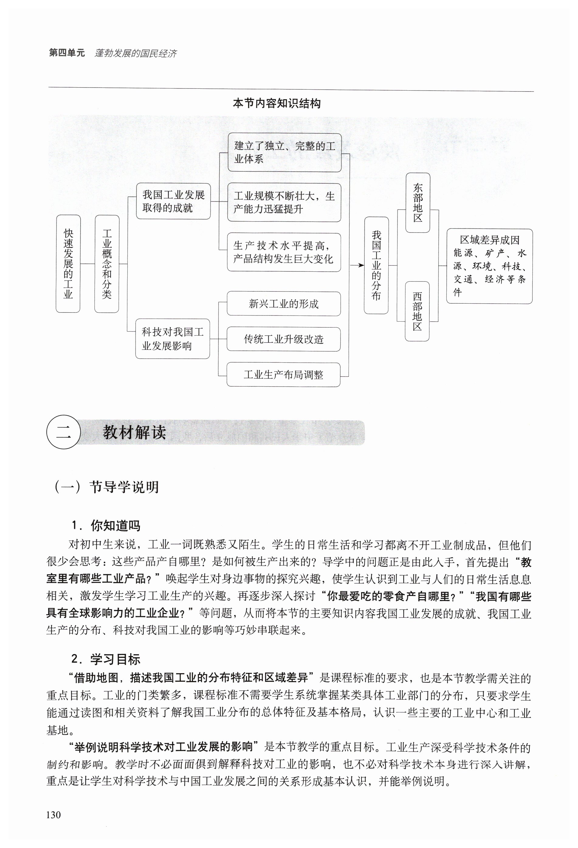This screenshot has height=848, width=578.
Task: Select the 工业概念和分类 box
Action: coord(107,264)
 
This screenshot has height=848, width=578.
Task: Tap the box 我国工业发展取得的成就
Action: coord(173,201)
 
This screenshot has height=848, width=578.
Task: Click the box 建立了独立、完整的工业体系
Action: coord(284,152)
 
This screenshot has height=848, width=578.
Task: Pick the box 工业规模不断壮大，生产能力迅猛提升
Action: coord(284,202)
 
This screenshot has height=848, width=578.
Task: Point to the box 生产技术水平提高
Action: coord(284,252)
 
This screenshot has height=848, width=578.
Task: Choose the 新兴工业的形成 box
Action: coord(284,304)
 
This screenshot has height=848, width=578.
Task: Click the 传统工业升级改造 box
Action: coord(284,339)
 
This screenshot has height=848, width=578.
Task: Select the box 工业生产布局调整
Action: coord(283,374)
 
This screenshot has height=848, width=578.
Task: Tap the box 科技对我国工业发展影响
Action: coord(173,339)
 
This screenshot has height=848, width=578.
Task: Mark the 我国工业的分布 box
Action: coord(376,265)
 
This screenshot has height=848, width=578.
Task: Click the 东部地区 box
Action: coord(418,202)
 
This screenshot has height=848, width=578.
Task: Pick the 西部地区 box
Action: coord(417,311)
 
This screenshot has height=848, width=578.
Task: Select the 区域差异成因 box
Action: coord(489,266)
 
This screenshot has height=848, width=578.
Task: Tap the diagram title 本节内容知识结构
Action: coord(277,104)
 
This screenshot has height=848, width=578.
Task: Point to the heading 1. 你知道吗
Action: coord(106,526)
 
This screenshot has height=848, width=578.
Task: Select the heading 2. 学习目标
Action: coord(106,659)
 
